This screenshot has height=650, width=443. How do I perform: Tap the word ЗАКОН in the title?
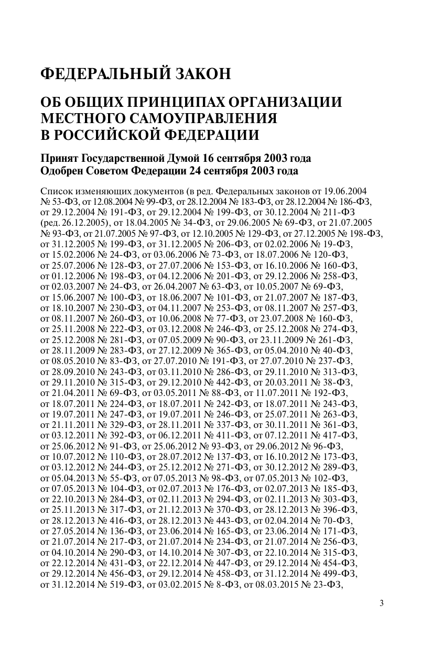[202, 74]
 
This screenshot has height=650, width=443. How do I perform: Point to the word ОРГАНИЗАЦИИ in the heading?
[281, 102]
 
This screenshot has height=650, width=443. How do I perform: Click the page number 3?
[382, 603]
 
